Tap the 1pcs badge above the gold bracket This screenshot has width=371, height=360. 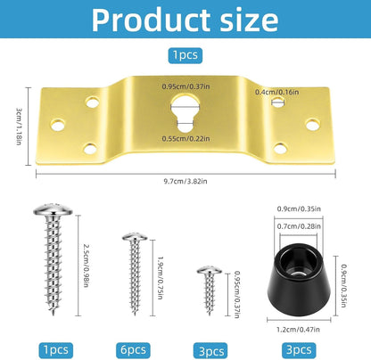(x=185, y=55)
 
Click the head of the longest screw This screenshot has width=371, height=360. (x=49, y=210)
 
